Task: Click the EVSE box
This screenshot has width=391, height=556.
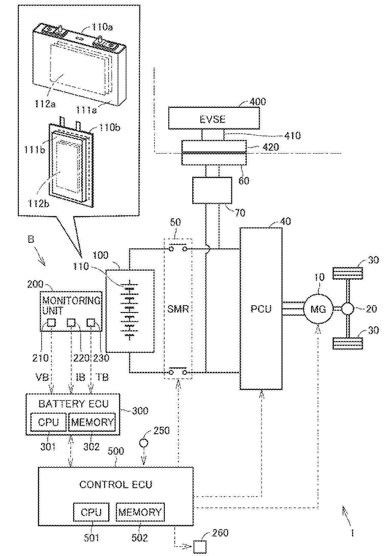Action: tap(214, 118)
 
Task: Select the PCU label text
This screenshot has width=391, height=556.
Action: tap(261, 309)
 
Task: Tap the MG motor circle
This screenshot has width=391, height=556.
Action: tap(318, 309)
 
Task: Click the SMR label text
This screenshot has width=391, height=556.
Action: tap(178, 309)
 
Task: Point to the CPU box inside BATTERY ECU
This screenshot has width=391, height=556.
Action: tap(48, 422)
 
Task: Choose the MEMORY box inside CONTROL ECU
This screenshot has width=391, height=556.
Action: tap(140, 512)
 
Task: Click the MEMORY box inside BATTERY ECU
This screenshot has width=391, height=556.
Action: tap(92, 422)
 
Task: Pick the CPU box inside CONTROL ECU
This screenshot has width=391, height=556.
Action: tap(91, 512)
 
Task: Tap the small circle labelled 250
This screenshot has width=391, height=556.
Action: tap(144, 442)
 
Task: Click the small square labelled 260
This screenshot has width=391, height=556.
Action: tap(200, 546)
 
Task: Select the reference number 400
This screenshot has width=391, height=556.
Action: tap(258, 102)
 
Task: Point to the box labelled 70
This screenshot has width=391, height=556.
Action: tap(212, 190)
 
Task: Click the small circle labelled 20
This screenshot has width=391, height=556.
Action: tap(347, 309)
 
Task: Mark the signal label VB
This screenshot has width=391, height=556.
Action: tap(42, 377)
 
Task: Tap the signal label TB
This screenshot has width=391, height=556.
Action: tap(102, 377)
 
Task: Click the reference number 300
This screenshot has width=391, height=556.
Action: tap(140, 411)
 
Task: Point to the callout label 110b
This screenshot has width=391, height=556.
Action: tap(109, 128)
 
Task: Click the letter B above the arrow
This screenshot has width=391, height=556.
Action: tap(31, 240)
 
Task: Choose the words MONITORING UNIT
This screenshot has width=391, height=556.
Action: tap(71, 305)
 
